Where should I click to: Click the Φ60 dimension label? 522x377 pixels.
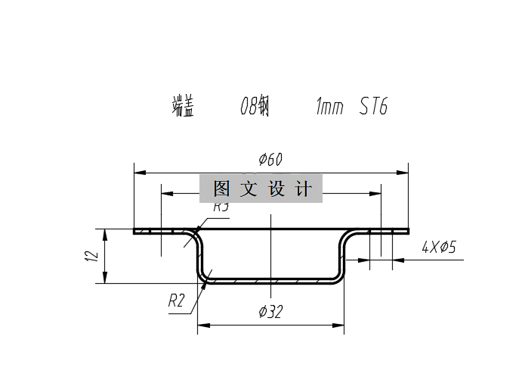click(270, 160)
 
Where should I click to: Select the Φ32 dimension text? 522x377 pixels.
click(270, 311)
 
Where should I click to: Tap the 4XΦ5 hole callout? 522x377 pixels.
click(439, 247)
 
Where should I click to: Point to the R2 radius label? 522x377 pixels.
click(176, 301)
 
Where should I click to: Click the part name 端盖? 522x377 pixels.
click(183, 107)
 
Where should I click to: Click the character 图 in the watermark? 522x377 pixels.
click(221, 188)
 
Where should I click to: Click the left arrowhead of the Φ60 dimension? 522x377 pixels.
click(137, 172)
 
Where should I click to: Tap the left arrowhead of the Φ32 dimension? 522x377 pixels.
click(202, 326)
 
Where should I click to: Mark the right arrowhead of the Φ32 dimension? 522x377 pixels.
click(340, 326)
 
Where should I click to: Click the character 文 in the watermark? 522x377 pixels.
click(249, 188)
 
